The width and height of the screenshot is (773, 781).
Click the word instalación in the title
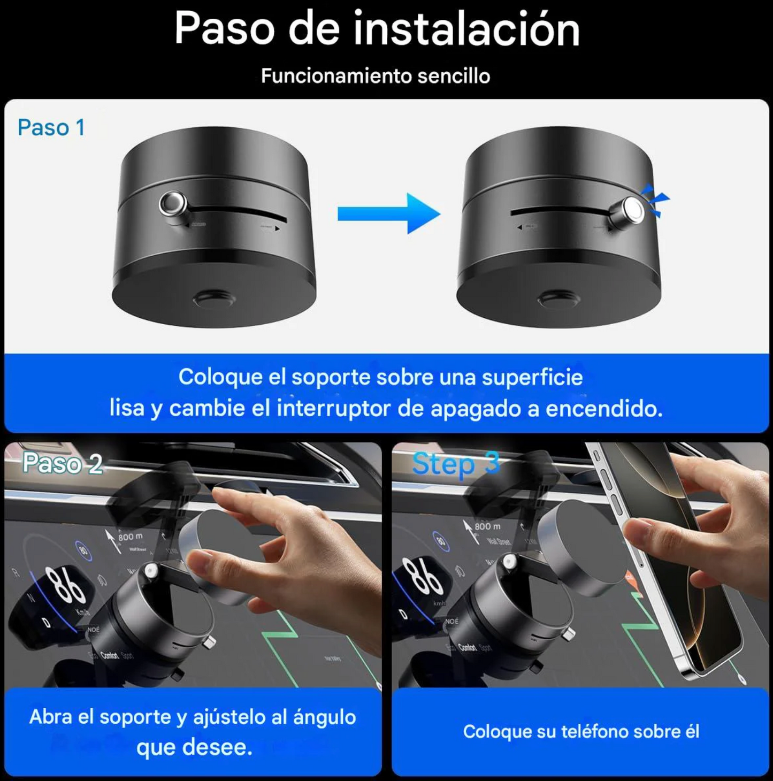466,29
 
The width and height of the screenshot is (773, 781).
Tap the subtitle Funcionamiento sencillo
376,76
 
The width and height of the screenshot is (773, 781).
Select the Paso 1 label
51,128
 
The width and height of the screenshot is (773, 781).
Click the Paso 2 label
63,463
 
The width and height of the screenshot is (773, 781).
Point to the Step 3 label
456,464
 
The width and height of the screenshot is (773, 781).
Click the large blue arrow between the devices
389,214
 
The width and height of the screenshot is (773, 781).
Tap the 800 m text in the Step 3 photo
487,526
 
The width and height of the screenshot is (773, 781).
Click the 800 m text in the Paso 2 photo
131,537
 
